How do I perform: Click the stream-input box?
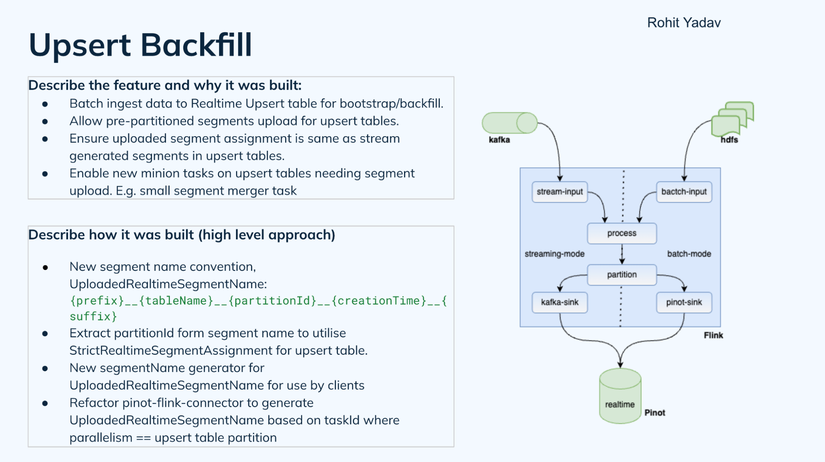coord(559,192)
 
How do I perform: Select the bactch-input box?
coord(684,192)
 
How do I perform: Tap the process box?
coord(622,233)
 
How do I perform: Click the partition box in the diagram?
coord(622,275)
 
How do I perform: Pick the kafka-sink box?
coord(559,302)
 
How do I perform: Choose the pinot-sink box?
coord(684,302)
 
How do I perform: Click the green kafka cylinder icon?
coord(509,123)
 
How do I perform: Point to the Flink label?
coord(713,335)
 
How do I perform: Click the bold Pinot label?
coord(655,412)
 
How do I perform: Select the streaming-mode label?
coord(554,254)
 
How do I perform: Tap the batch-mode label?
coord(689,254)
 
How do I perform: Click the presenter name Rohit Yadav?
coord(683,22)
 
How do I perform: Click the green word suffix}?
coord(93,317)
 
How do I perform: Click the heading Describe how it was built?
coord(182,235)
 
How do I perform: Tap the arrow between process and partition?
coord(622,254)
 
